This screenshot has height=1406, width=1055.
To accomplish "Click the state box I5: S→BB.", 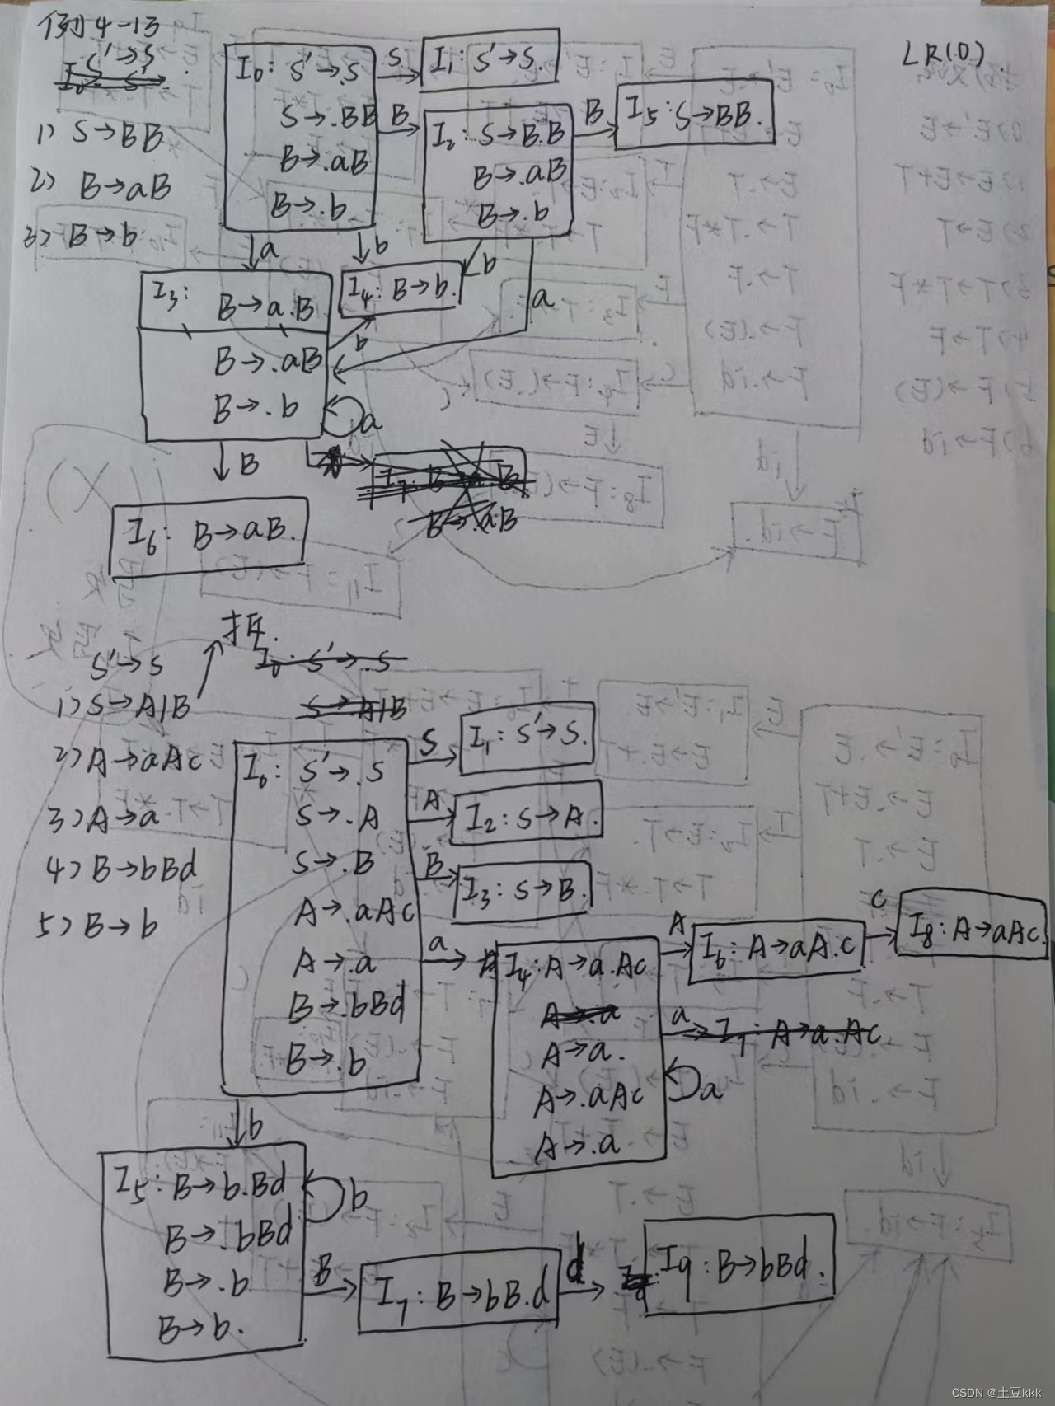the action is [x=695, y=115].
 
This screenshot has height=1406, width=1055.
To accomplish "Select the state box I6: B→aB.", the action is [x=209, y=536].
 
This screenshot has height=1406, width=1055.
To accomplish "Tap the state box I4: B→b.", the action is [x=401, y=289].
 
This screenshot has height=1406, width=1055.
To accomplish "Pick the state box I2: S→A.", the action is [x=526, y=816].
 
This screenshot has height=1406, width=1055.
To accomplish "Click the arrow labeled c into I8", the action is [x=879, y=934].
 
